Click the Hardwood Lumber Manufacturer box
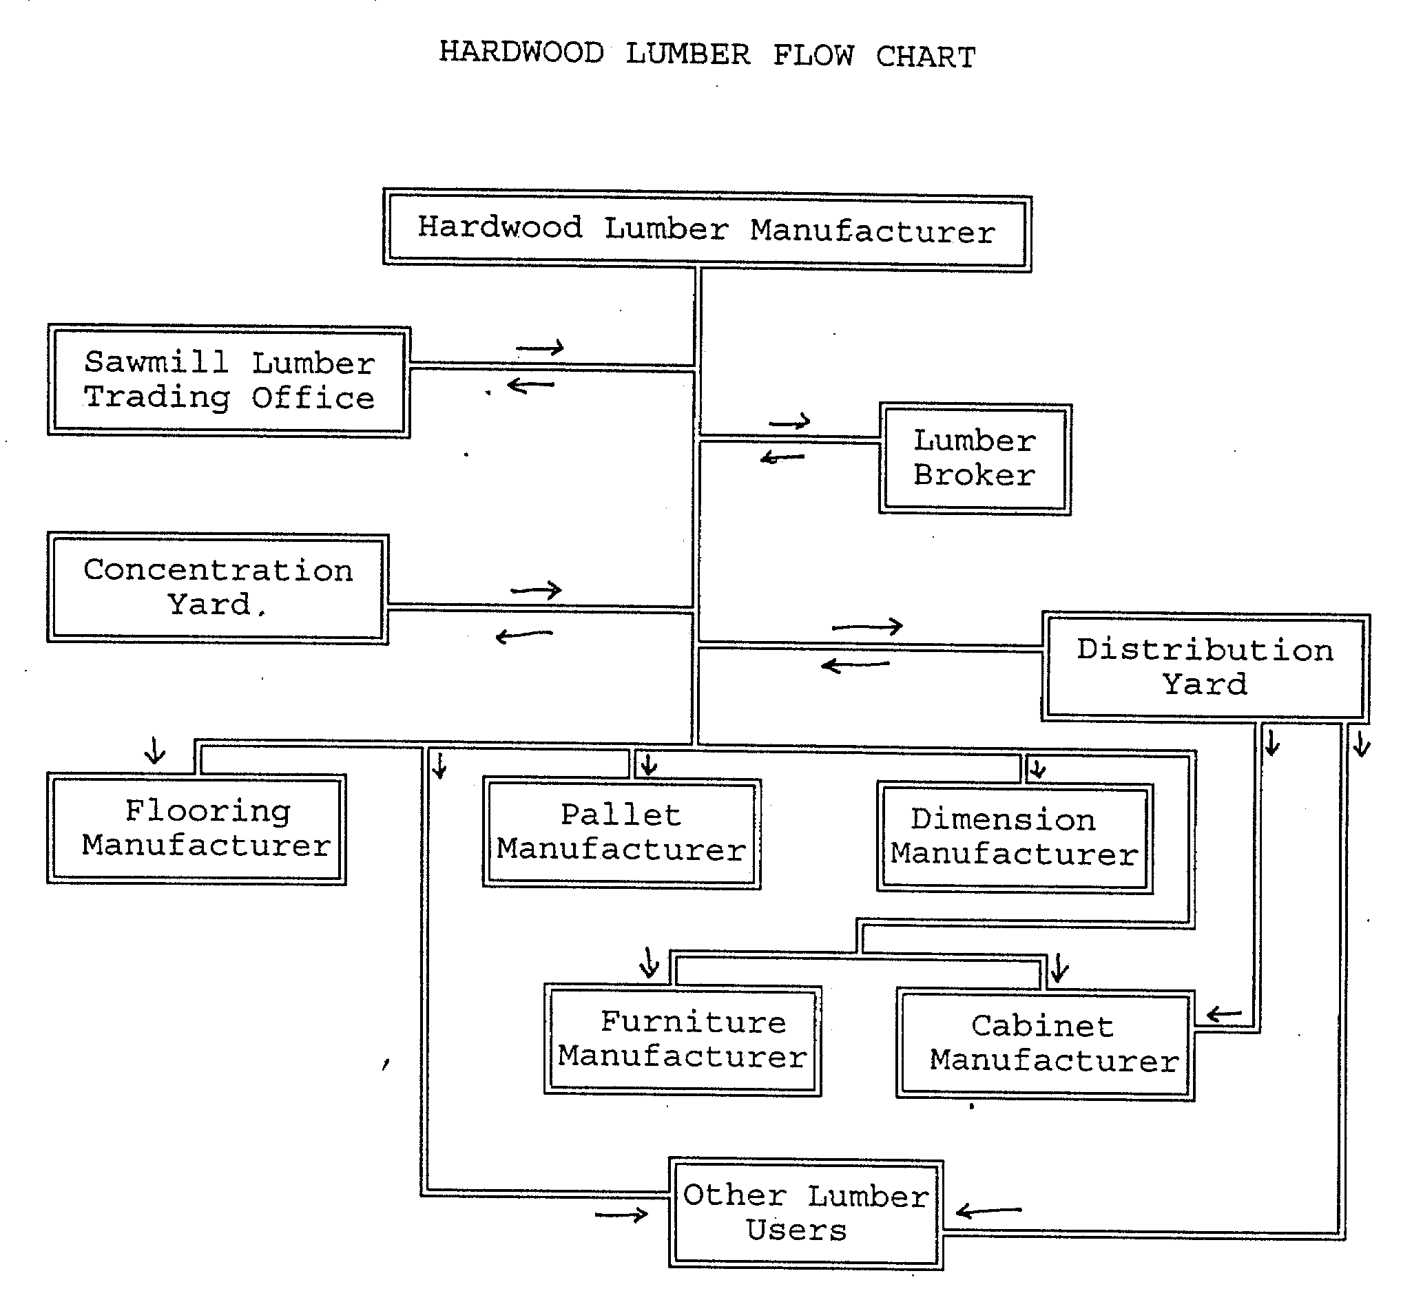tap(707, 230)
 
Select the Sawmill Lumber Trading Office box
tap(229, 381)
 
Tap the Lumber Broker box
tap(974, 459)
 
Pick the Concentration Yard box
tap(218, 588)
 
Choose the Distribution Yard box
tap(1205, 667)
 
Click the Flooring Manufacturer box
tap(197, 829)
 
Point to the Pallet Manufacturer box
tap(621, 833)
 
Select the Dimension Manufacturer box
tap(1014, 838)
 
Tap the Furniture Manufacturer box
tap(683, 1040)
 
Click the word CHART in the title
tap(926, 56)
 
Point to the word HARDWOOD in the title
tap(521, 52)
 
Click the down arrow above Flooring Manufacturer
tap(155, 751)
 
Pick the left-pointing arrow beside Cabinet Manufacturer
tap(1223, 1014)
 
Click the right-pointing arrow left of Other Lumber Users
tap(621, 1215)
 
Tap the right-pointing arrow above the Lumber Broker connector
tap(789, 421)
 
